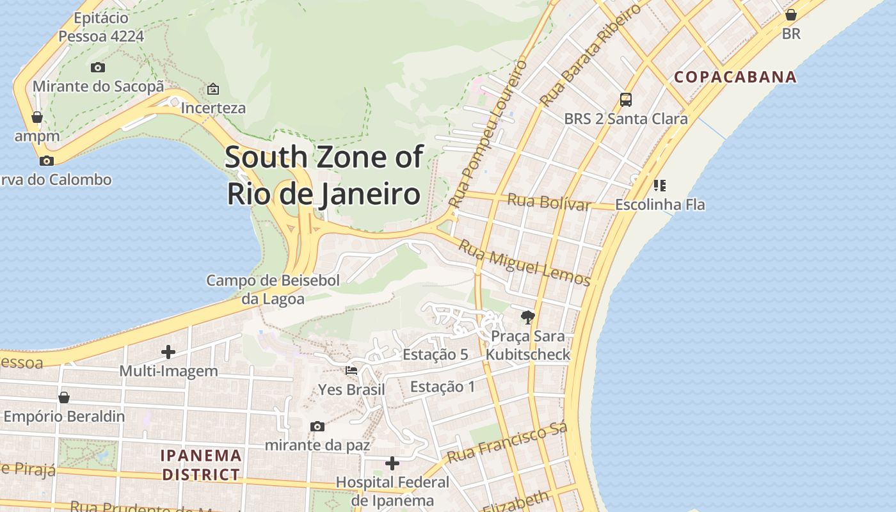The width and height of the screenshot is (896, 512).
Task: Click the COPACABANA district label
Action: click(735, 77)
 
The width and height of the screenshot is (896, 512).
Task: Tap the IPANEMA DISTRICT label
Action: click(201, 465)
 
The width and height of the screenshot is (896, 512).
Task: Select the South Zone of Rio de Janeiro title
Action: click(324, 175)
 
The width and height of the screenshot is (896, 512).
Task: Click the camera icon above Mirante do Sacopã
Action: click(98, 67)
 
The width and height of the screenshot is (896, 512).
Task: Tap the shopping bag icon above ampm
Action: click(37, 117)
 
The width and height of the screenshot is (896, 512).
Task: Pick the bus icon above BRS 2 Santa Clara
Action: click(626, 100)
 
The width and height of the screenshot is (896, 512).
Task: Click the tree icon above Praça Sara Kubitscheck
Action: click(528, 317)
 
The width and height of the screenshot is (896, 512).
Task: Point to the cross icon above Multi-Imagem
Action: click(168, 352)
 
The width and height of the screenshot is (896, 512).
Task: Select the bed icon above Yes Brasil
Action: click(351, 371)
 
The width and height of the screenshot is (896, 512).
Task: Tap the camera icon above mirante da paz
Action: click(317, 426)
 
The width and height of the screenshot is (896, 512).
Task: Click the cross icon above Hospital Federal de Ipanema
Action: click(392, 463)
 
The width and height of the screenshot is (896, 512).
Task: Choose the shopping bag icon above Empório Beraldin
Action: click(64, 397)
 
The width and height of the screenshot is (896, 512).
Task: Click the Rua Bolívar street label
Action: click(548, 202)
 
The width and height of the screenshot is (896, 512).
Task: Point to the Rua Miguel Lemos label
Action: click(524, 262)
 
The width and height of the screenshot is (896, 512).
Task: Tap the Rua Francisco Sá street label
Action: click(508, 444)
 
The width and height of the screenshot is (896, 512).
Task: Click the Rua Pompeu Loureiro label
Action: click(488, 134)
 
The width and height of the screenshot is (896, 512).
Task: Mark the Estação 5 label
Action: click(435, 355)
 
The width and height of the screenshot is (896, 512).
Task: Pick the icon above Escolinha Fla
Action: click(660, 186)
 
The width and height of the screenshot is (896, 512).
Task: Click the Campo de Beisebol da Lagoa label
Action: click(273, 289)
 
